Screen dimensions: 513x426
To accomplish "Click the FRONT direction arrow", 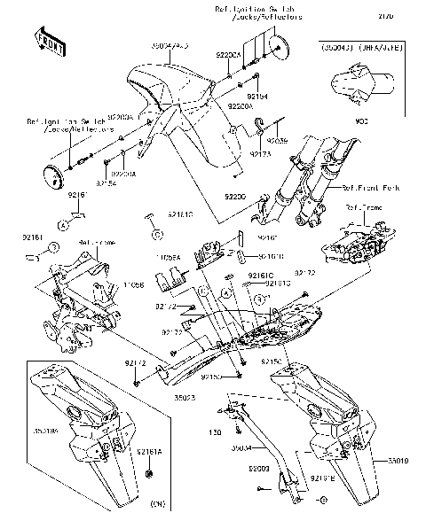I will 51,39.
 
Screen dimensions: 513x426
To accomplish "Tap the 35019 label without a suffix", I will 399,462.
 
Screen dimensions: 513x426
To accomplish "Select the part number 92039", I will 279,141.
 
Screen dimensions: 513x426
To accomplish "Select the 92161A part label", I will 150,451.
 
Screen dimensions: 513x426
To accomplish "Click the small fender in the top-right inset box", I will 356,90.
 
